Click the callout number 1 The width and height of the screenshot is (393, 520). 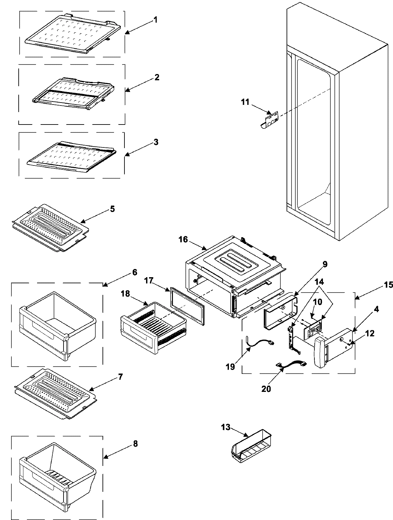point(156,20)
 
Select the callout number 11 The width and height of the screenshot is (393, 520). point(245,102)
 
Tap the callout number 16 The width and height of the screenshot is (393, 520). point(183,240)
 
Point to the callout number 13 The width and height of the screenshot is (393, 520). point(226,428)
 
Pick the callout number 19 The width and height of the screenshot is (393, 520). point(230,367)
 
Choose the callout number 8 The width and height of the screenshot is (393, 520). point(135,444)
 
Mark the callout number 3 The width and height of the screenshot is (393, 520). point(156,143)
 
